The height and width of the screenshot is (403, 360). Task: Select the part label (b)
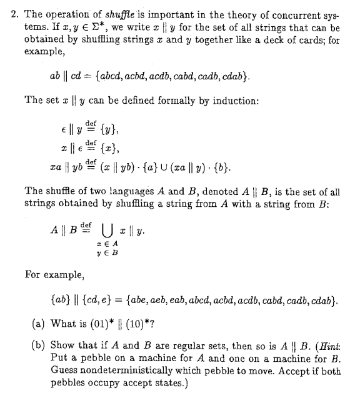[37, 344]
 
